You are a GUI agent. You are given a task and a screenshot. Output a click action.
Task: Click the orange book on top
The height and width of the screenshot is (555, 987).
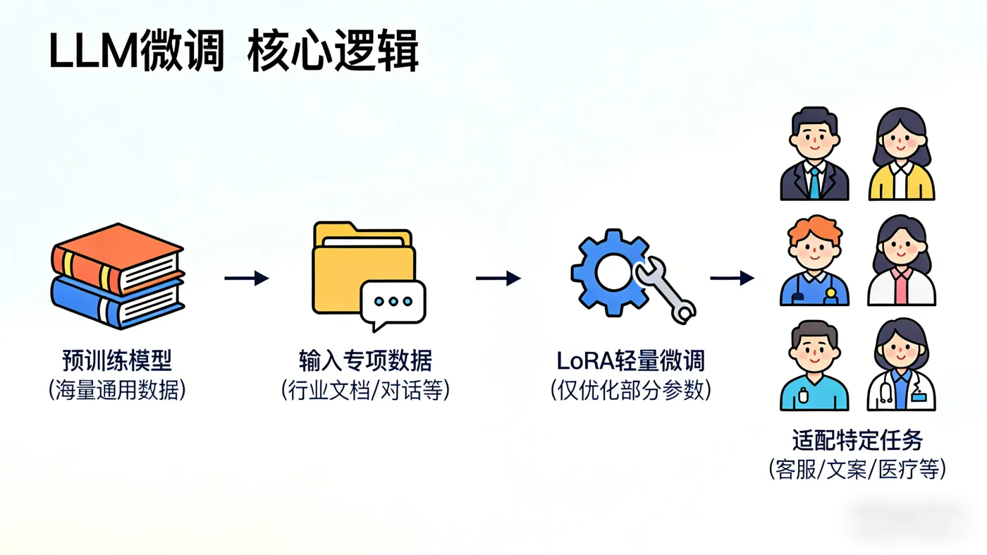tap(116, 257)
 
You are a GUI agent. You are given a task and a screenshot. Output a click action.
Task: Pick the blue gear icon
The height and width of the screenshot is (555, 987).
tap(608, 272)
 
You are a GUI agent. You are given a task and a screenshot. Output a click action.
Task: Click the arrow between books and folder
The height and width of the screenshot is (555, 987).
tap(246, 279)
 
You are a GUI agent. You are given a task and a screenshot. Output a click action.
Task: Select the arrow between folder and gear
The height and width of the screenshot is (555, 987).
tap(498, 279)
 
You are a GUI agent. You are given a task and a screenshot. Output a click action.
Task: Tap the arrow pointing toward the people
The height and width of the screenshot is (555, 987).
tap(732, 279)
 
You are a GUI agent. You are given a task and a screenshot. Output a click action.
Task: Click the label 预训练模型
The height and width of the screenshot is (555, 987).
tap(117, 361)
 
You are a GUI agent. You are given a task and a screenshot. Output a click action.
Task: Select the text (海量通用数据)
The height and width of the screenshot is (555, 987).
tap(117, 390)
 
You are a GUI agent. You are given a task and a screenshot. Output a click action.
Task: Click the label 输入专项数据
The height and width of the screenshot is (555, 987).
tap(365, 361)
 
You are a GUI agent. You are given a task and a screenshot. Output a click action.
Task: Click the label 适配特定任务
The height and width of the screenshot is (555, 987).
tap(857, 441)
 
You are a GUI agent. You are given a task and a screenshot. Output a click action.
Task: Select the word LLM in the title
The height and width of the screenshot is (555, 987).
tap(93, 51)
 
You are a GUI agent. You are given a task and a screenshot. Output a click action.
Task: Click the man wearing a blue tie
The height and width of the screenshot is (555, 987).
tap(814, 155)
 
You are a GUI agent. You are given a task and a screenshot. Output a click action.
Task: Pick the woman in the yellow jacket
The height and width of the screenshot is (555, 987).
tap(901, 155)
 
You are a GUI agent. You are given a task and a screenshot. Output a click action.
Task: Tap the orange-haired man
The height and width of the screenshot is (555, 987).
tap(814, 261)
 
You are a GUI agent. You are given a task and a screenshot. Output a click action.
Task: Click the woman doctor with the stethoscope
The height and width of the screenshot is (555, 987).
tap(901, 367)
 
